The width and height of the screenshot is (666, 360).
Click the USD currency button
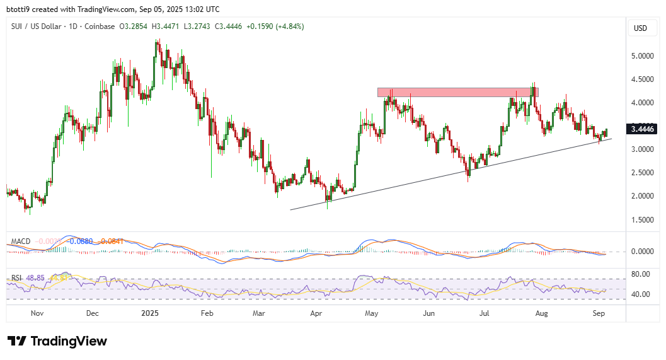[x=640, y=28]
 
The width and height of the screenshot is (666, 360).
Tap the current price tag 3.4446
[x=641, y=129]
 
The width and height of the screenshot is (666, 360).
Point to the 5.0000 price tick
[x=641, y=55]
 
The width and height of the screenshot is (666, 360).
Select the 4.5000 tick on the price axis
[x=641, y=79]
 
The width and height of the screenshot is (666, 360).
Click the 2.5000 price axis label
[x=641, y=173]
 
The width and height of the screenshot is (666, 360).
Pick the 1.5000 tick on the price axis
[x=641, y=219]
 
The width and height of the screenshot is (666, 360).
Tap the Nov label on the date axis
[x=37, y=313]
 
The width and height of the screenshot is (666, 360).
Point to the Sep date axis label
[x=599, y=313]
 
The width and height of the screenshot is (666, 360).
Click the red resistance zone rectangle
[x=457, y=92]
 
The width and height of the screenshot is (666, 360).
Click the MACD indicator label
[x=20, y=241]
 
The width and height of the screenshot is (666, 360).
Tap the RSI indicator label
[x=17, y=277]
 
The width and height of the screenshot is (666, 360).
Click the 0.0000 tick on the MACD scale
[x=641, y=251]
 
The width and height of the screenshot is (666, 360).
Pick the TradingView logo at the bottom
[x=57, y=341]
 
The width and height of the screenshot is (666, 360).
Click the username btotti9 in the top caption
[x=21, y=9]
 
